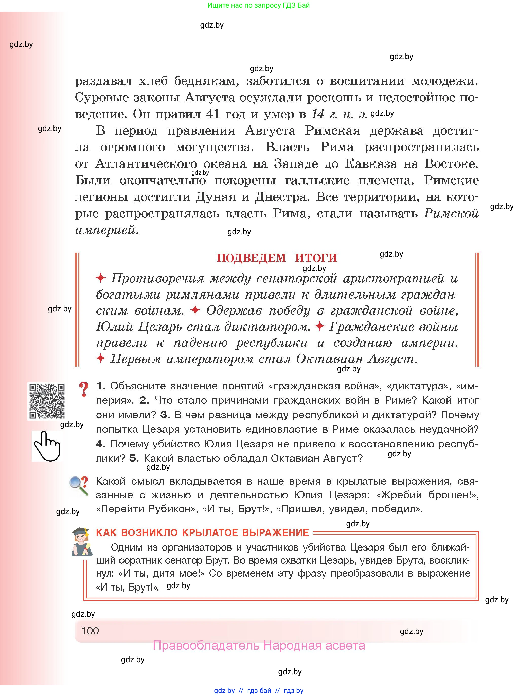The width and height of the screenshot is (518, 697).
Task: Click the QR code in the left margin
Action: pyautogui.click(x=47, y=401)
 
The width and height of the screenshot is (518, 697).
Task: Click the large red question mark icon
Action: pyautogui.click(x=84, y=390)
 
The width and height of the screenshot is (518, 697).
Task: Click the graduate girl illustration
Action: pyautogui.click(x=82, y=542)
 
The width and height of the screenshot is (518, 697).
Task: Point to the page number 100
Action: pyautogui.click(x=90, y=631)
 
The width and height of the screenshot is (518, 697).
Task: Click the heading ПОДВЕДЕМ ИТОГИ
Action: pyautogui.click(x=277, y=258)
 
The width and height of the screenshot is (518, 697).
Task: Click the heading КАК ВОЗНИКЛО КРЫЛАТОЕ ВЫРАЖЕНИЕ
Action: pyautogui.click(x=202, y=533)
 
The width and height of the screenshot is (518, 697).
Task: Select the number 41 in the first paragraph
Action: pyautogui.click(x=213, y=114)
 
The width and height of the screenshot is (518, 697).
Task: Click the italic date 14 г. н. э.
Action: pyautogui.click(x=339, y=114)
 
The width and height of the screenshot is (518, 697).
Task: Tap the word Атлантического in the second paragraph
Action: pyautogui.click(x=146, y=163)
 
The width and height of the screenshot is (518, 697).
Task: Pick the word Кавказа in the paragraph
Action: pyautogui.click(x=371, y=163)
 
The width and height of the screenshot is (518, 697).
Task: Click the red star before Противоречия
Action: pyautogui.click(x=101, y=278)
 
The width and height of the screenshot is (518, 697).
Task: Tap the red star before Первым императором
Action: pyautogui.click(x=101, y=358)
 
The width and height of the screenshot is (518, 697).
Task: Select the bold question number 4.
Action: pyautogui.click(x=100, y=444)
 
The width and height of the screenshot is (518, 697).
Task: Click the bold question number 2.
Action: pyautogui.click(x=144, y=400)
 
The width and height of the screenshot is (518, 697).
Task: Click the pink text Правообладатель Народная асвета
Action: pyautogui.click(x=259, y=645)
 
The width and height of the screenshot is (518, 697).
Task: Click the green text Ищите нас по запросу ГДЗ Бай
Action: pyautogui.click(x=258, y=5)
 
